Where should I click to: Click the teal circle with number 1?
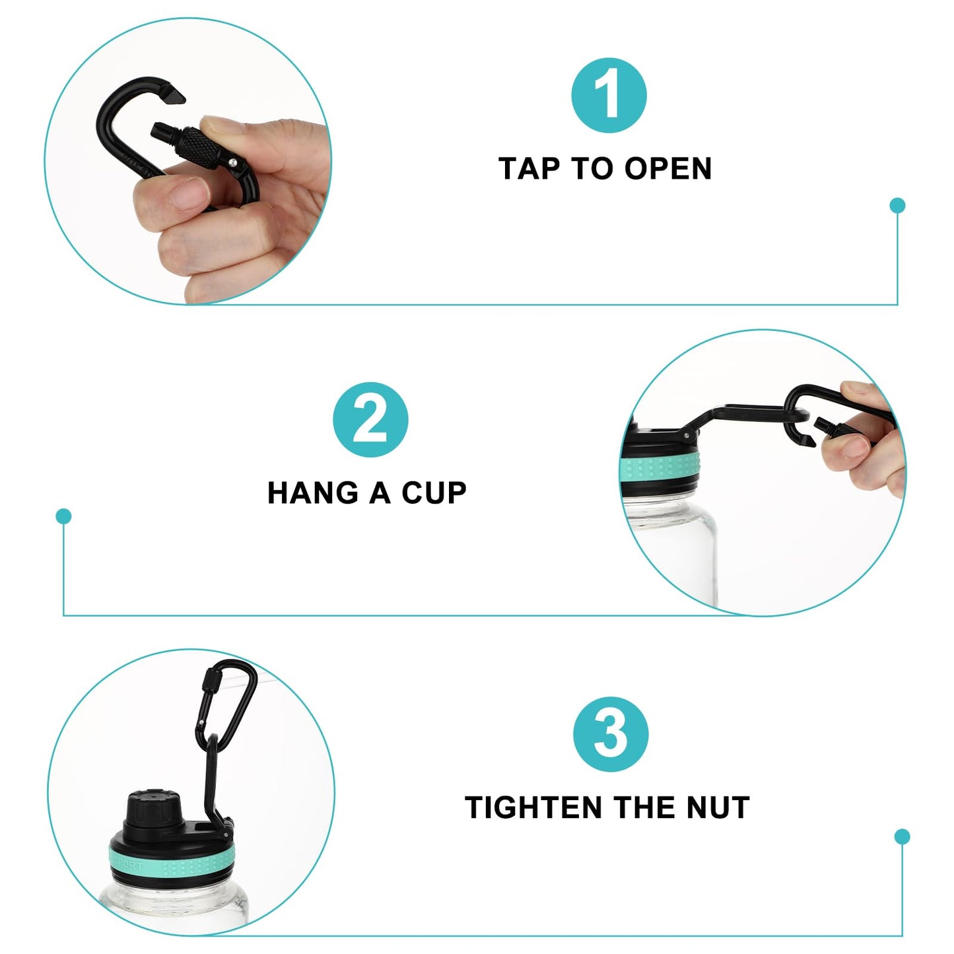click(608, 95)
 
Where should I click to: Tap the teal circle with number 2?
click(370, 420)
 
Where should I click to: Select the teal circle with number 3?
click(611, 734)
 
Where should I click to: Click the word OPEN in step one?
click(668, 169)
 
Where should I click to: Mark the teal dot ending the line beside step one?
click(897, 205)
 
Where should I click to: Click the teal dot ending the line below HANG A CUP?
click(63, 516)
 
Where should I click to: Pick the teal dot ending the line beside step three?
click(902, 837)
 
